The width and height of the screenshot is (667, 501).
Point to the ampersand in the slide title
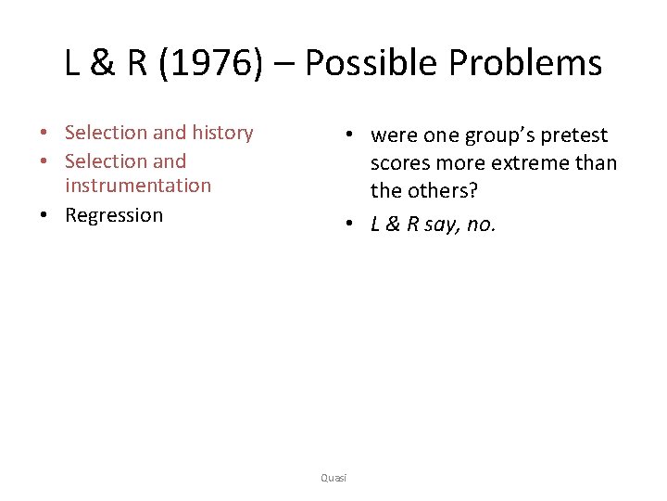point(103,63)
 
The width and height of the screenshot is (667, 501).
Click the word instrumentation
point(138,186)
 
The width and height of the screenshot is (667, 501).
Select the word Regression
point(114,215)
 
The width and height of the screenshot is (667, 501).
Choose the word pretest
point(574,135)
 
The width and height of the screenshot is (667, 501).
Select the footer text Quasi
point(333,477)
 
